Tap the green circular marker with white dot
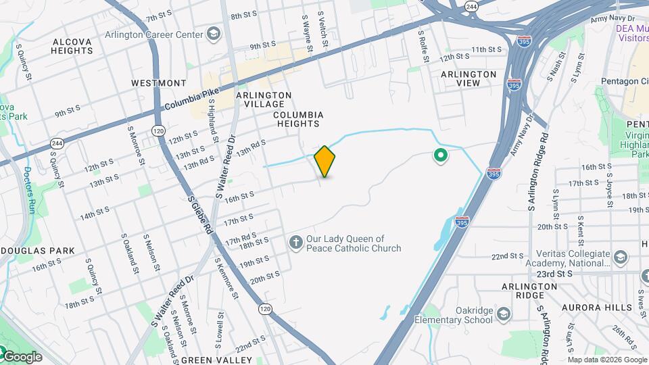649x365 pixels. click(441, 157)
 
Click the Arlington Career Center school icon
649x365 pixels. click(214, 34)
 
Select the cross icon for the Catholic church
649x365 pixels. click(295, 242)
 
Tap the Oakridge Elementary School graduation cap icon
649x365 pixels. click(503, 314)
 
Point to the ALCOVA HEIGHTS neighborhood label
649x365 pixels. click(72, 46)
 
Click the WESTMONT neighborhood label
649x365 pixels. click(158, 83)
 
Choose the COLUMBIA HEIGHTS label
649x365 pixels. click(298, 120)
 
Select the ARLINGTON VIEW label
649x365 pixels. click(468, 78)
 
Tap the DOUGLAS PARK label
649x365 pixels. click(37, 251)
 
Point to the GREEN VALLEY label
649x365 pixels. click(216, 360)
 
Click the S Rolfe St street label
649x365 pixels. click(424, 45)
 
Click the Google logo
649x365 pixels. click(22, 356)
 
